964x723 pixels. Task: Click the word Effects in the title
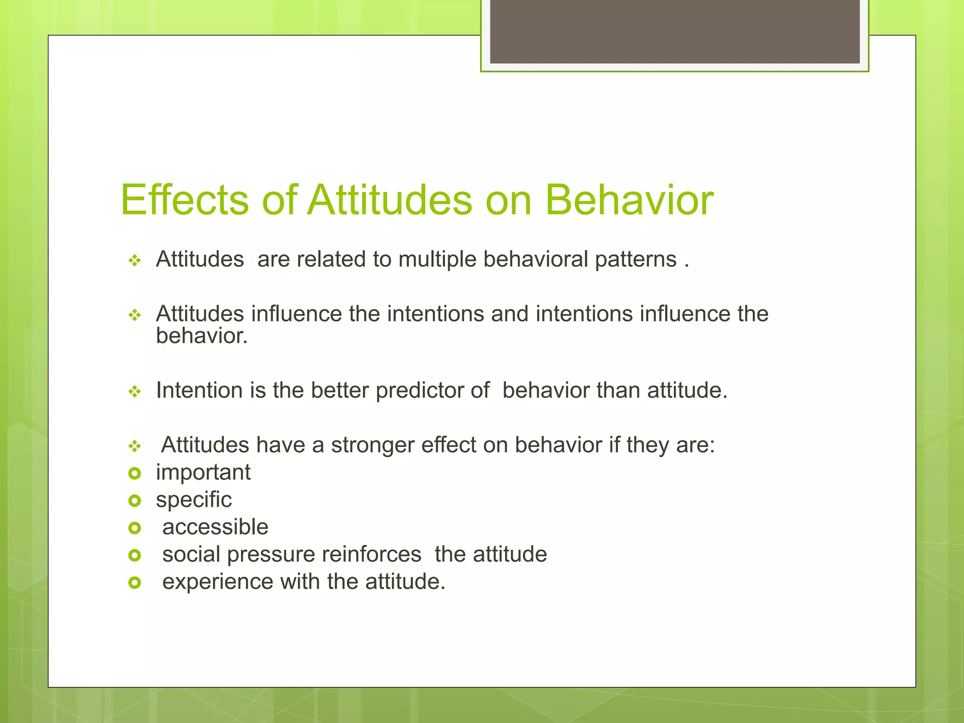185,201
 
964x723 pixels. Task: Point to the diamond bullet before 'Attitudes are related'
135,260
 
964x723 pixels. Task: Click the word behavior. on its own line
201,336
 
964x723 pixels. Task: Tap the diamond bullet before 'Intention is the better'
135,391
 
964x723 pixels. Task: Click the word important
203,473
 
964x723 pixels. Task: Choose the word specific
193,500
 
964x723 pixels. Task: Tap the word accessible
215,527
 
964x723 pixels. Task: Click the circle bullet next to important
135,474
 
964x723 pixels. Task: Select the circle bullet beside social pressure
135,555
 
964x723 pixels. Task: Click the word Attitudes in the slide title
389,201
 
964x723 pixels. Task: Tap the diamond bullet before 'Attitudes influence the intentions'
135,315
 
